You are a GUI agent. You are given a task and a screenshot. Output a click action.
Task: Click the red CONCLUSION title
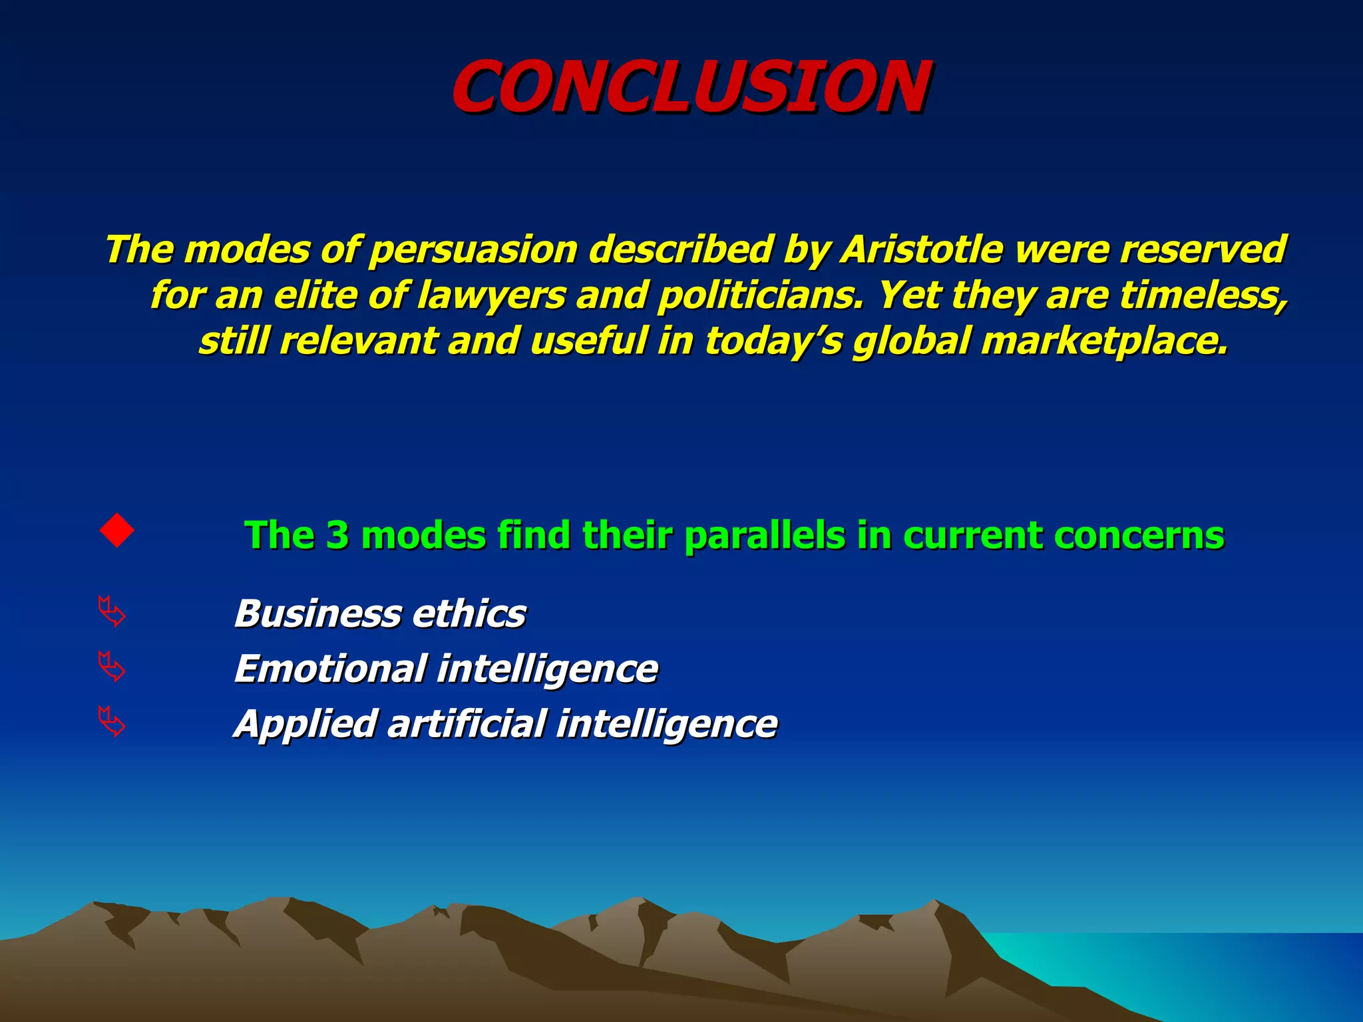tap(691, 86)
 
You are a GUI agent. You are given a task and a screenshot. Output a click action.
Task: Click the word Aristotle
tap(922, 250)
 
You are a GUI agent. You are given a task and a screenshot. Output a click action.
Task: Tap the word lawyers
tap(491, 295)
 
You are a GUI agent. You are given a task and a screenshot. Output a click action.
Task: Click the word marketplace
tap(1105, 341)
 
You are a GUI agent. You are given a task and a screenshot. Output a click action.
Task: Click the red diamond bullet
tap(116, 530)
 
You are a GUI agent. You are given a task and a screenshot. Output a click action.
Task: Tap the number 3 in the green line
tap(337, 535)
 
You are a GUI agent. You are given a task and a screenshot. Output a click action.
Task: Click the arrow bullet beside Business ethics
tap(111, 611)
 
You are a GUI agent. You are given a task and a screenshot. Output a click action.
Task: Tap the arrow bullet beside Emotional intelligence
tap(111, 667)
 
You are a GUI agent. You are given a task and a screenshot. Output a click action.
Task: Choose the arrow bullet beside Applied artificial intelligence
tap(111, 722)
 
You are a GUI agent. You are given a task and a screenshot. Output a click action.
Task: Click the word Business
tap(317, 613)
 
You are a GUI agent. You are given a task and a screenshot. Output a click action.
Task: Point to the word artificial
tap(467, 724)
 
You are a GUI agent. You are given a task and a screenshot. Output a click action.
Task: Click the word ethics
tap(469, 613)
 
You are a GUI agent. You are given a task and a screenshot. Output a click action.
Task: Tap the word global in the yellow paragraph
tap(911, 341)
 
